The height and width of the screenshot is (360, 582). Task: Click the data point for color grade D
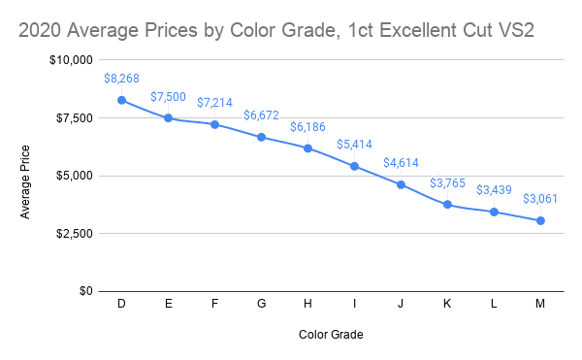[x=121, y=100]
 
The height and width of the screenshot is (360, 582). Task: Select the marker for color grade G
[x=261, y=137]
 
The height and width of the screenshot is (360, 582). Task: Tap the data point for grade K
[x=447, y=205]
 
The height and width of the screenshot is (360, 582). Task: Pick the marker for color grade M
[x=540, y=220]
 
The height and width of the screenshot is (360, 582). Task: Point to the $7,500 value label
[x=168, y=97]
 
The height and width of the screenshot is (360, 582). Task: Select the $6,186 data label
[x=307, y=126]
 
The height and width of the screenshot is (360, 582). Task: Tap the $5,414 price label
[x=354, y=145]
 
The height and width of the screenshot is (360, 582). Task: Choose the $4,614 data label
[x=401, y=163]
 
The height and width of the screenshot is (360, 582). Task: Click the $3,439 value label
[x=494, y=190]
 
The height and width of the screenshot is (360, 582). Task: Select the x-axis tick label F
[x=214, y=305]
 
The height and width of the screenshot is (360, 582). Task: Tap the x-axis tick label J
[x=401, y=305]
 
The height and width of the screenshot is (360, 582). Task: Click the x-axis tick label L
[x=494, y=305]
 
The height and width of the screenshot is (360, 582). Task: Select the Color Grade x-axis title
[x=330, y=335]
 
